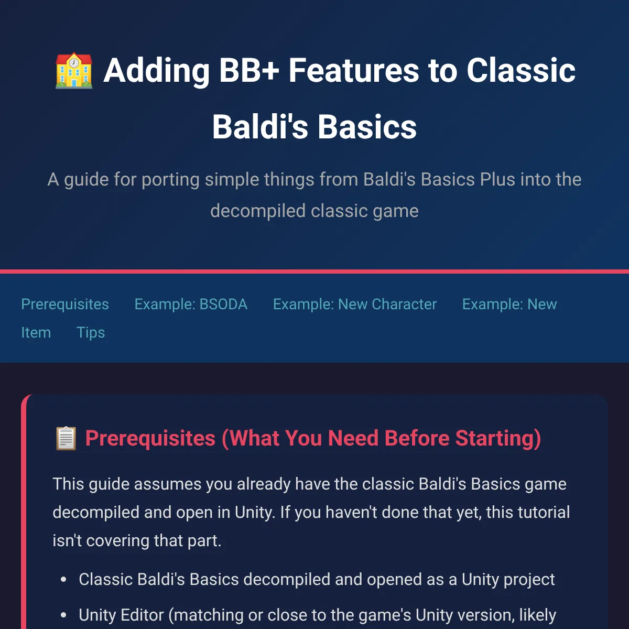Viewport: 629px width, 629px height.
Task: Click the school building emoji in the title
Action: (x=74, y=71)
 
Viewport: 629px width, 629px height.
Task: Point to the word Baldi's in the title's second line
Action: (x=260, y=127)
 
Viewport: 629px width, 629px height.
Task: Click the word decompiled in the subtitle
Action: (x=258, y=211)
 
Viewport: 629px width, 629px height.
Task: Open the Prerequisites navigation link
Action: (x=65, y=304)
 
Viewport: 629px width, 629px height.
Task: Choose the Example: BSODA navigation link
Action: (x=191, y=304)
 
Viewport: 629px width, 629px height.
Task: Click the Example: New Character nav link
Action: (x=355, y=304)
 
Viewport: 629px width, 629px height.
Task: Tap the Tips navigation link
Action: (x=91, y=333)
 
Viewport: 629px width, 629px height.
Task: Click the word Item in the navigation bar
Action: (x=36, y=333)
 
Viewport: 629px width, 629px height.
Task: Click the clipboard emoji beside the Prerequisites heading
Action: (x=66, y=438)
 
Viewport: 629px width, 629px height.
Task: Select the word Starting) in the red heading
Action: (x=498, y=438)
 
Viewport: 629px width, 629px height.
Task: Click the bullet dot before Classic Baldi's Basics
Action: (x=63, y=580)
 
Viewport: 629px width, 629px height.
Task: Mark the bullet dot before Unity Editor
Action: (x=63, y=615)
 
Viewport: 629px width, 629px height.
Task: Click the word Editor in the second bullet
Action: (x=142, y=615)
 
